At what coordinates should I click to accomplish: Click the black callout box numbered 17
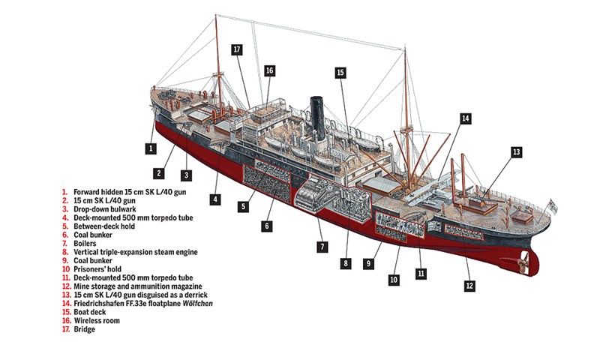(236, 50)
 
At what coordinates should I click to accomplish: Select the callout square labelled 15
(340, 73)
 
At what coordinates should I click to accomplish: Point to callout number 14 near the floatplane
(465, 118)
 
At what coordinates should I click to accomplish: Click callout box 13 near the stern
(516, 151)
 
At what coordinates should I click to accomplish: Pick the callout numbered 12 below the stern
(469, 285)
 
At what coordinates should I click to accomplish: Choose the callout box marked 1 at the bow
(151, 148)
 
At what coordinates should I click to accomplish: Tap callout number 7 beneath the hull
(322, 246)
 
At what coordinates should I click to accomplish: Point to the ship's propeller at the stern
(524, 262)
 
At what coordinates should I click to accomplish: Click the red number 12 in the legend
(65, 285)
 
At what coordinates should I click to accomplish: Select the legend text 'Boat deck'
(90, 310)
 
